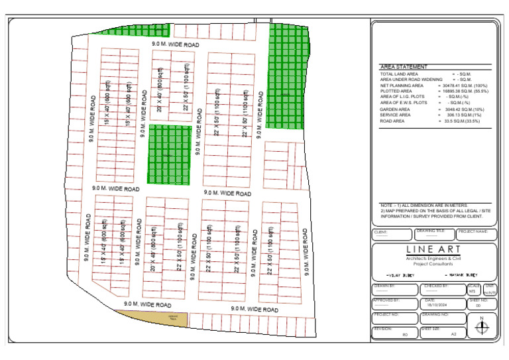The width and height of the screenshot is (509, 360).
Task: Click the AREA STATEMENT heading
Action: (404, 67)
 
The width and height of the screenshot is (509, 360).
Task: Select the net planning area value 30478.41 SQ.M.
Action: (463, 86)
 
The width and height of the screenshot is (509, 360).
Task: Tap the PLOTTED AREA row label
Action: (397, 91)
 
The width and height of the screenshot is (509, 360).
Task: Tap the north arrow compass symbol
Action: (482, 326)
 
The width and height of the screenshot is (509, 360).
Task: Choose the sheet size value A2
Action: (453, 334)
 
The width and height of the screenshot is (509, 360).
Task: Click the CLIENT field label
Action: (380, 233)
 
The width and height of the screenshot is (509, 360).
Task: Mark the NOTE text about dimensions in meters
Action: (424, 206)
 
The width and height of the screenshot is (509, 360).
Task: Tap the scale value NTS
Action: (473, 290)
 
